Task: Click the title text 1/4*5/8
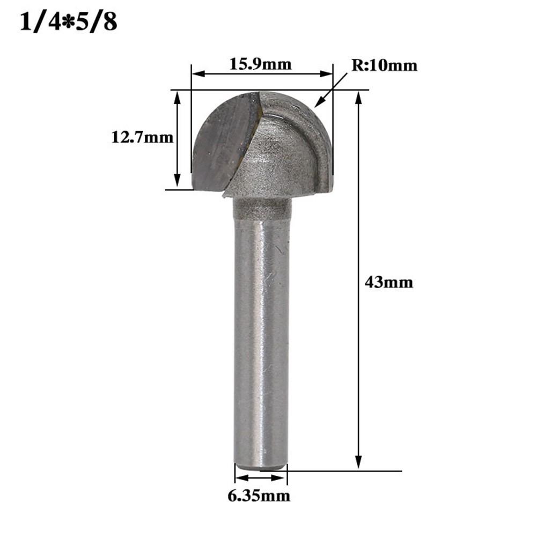click(x=69, y=23)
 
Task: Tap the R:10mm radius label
click(x=384, y=65)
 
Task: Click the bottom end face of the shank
click(x=261, y=469)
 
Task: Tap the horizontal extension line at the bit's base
click(x=343, y=472)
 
